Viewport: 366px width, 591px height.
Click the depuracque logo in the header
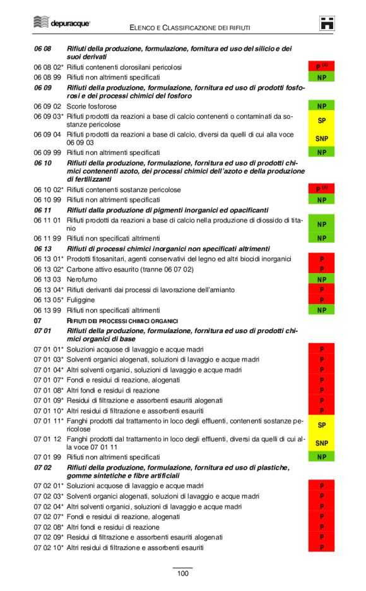coord(62,23)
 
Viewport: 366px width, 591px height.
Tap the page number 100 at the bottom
coord(182,573)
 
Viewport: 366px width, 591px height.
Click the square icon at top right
coord(327,23)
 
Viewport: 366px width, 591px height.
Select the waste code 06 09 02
coord(47,106)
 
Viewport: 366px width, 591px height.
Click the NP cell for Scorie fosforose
coord(321,106)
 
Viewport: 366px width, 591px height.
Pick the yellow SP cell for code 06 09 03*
coord(321,120)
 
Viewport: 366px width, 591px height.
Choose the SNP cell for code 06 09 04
coord(321,138)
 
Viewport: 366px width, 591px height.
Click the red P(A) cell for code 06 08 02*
coord(321,66)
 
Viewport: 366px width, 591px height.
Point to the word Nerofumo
coord(82,279)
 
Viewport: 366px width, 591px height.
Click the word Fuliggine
coord(81,300)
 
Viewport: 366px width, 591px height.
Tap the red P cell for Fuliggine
coord(321,300)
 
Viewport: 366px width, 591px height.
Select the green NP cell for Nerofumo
coord(321,279)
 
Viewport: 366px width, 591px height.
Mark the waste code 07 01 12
coord(47,439)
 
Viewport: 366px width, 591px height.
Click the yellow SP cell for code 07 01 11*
coord(321,425)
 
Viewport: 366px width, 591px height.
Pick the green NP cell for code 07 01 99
coord(321,457)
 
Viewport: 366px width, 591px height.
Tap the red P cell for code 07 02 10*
coord(321,547)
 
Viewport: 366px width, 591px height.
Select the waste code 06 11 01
coord(47,220)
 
